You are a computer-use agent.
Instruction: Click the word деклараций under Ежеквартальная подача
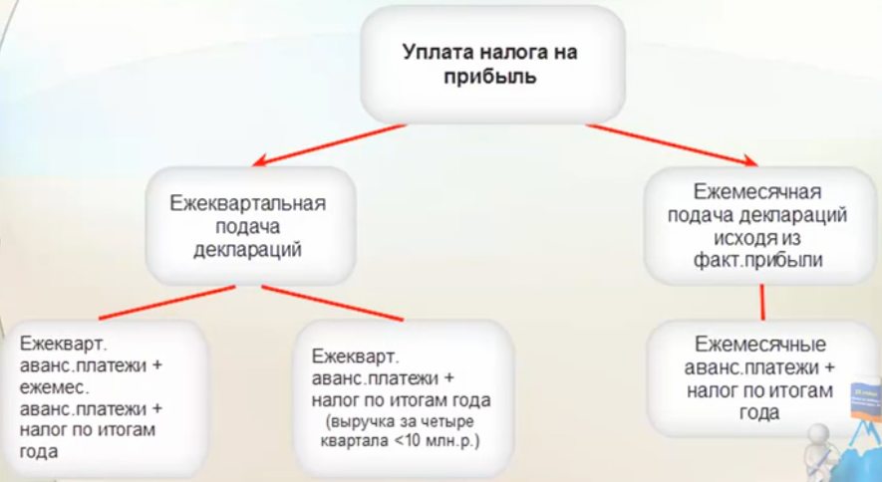(248, 249)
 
